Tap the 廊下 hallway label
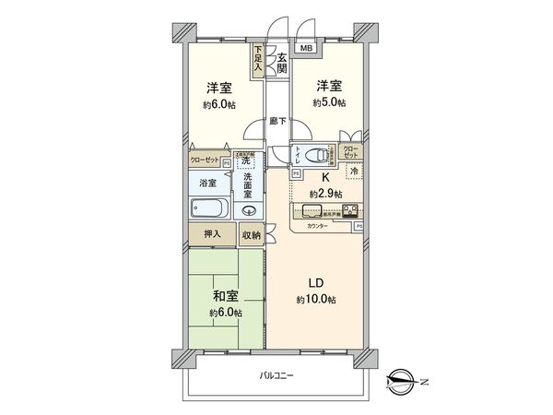point(277,120)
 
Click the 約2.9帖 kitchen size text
point(325,193)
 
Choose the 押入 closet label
point(212,235)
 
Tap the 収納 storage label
point(252,235)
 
